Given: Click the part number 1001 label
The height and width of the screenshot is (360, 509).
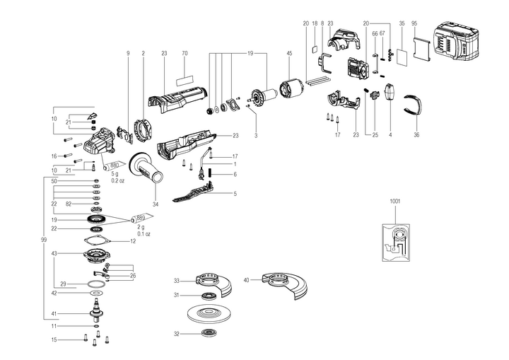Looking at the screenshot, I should tap(394, 201).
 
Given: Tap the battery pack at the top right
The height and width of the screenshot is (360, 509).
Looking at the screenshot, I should tap(466, 43).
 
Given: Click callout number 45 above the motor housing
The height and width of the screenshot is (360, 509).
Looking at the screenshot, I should tap(288, 53).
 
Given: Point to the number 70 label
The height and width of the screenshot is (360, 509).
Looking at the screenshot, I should tap(185, 53).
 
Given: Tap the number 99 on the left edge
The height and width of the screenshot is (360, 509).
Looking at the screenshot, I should tap(45, 241).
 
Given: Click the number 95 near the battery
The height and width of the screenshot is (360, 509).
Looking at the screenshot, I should tap(414, 23).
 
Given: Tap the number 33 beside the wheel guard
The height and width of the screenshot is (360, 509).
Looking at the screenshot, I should tap(177, 280).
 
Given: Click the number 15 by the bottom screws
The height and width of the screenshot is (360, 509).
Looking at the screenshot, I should tap(54, 340).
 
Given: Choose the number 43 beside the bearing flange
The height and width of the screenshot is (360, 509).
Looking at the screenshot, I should tap(54, 253).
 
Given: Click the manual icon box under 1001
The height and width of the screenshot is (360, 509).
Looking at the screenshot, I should tap(394, 243).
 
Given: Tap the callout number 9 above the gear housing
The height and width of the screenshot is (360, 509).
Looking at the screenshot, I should tap(129, 53).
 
